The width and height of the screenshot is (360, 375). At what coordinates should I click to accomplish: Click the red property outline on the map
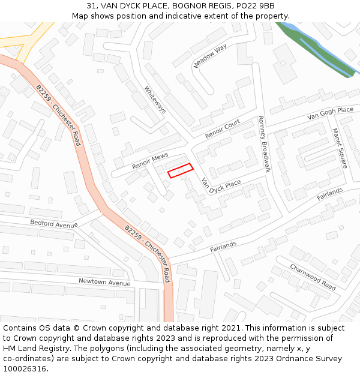tap(180, 170)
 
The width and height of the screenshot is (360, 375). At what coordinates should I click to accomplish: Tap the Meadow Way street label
tap(210, 56)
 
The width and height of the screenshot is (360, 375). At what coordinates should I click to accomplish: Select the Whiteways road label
tap(155, 100)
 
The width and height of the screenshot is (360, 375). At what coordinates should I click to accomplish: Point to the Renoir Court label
tap(223, 129)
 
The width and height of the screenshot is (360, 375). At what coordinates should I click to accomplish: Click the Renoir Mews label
tap(150, 160)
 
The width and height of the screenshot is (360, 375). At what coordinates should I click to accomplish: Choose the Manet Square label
tap(340, 148)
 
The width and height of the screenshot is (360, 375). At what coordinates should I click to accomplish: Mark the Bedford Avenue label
tap(55, 223)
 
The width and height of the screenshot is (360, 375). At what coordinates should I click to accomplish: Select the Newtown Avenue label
tap(104, 282)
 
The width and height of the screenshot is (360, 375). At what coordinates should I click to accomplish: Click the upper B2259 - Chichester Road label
tap(58, 115)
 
